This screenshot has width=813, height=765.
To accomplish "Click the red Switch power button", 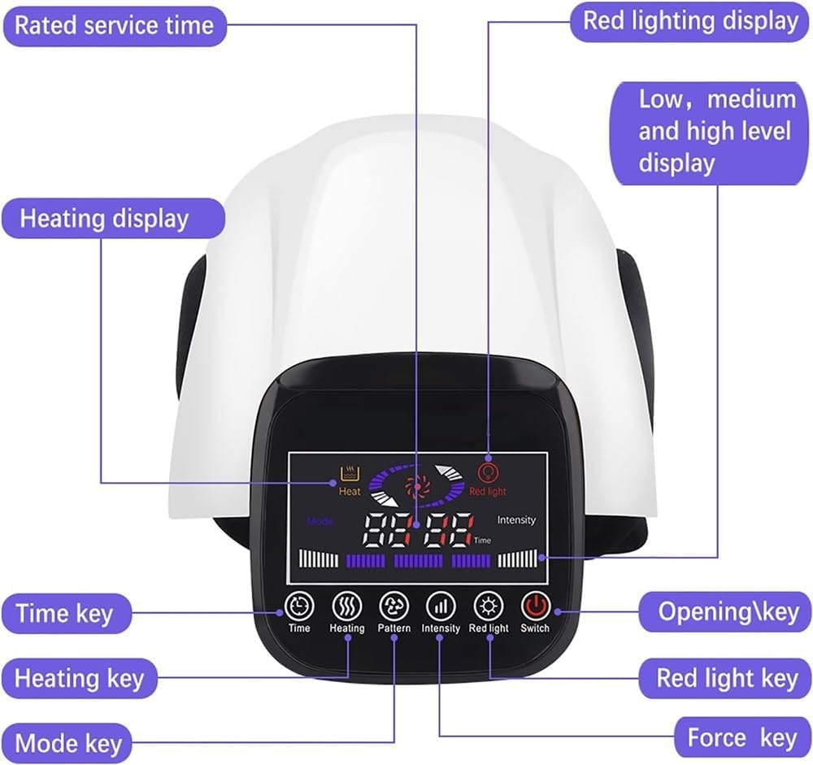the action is coord(535,606).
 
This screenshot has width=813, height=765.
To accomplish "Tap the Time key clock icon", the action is coord(299,606).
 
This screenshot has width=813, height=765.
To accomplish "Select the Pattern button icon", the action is coord(394,606).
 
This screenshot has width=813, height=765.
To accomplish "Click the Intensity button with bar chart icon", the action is coord(441,606).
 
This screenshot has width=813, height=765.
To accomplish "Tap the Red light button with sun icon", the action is coord(489,606).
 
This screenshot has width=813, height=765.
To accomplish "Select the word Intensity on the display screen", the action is coord(516,519).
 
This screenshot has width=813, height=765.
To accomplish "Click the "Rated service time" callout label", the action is coord(114,26).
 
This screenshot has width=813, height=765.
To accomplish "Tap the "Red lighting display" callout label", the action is coord(690,22).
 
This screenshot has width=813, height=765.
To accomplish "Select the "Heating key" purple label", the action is coord(79,678).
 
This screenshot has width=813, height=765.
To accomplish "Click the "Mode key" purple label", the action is coord(67,743).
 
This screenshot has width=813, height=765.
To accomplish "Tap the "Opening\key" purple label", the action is coord(724,612).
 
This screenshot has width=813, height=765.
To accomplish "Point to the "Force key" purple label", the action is coord(742,737).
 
